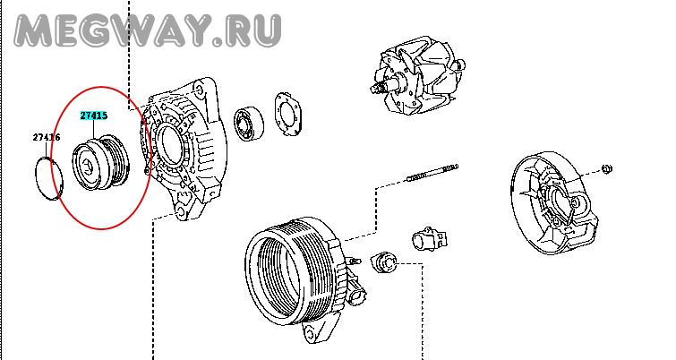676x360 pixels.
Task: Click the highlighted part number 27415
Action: (x=93, y=116)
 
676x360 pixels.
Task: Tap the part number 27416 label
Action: (x=47, y=138)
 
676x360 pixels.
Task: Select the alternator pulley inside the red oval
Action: (x=100, y=163)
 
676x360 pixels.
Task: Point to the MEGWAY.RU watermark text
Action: (x=148, y=30)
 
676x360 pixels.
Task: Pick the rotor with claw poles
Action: (x=417, y=76)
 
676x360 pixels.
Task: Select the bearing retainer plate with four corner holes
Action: (x=288, y=114)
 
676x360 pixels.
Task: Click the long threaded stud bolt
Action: (x=432, y=173)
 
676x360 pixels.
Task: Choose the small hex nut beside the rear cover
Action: (x=606, y=168)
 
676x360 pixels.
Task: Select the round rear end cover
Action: (x=554, y=202)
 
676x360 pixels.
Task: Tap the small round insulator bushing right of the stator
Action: (x=383, y=262)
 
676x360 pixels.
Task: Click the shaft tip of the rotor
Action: (x=373, y=89)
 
